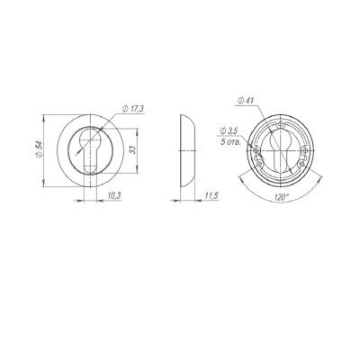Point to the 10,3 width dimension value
click(x=113, y=194)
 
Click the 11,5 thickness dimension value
click(x=210, y=194)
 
